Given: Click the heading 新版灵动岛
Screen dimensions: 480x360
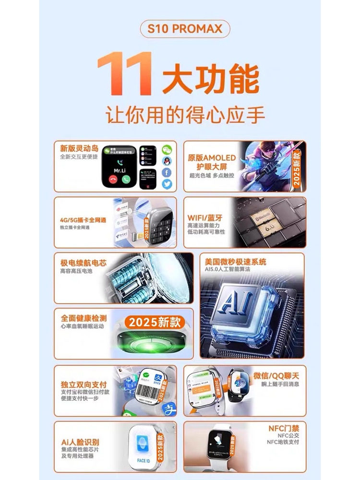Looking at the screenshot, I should coord(78,148).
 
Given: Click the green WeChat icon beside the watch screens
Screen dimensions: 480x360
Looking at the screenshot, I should coord(167,149).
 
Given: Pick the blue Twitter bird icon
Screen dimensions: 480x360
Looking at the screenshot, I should coord(167,184).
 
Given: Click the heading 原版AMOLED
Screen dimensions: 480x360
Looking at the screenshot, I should coord(211,158).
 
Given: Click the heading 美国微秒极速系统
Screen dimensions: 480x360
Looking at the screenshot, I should coord(235,262).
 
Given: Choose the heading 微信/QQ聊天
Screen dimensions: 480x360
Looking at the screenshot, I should coord(277,374).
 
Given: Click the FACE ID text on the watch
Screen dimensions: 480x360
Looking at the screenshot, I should coord(143,460).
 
